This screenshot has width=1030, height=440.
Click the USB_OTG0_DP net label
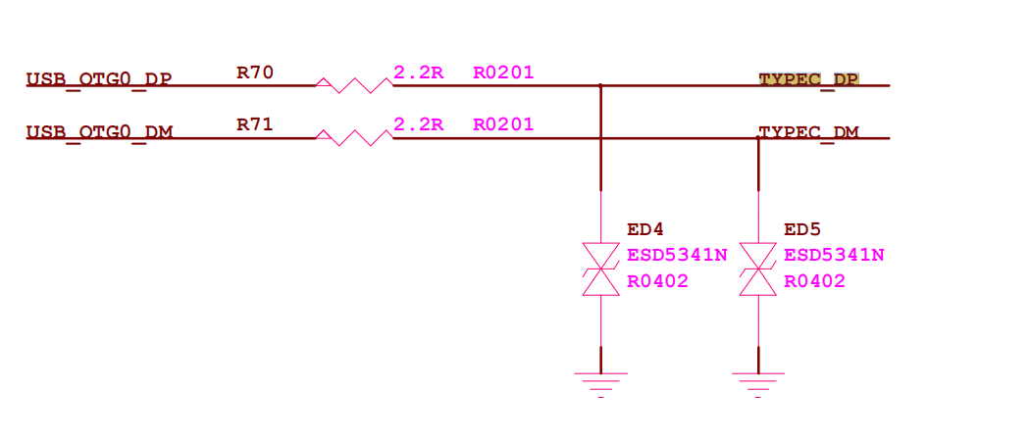98,79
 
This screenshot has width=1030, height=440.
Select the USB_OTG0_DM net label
98,132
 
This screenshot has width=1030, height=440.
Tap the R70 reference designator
255,72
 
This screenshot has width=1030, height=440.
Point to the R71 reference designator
255,124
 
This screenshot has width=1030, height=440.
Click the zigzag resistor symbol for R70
353,85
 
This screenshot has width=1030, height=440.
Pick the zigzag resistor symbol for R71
353,138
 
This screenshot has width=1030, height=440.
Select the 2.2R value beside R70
419,72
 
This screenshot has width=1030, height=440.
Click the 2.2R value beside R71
419,124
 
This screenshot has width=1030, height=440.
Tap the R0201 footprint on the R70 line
503,72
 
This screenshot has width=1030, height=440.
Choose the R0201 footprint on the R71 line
503,124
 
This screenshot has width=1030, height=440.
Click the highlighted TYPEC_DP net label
809,79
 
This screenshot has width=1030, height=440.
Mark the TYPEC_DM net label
809,132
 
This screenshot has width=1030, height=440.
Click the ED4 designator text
645,229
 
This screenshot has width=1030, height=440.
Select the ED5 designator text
802,229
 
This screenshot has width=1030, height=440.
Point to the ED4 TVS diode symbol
600,269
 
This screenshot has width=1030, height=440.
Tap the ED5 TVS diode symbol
758,269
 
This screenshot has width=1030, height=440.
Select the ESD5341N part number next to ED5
834,255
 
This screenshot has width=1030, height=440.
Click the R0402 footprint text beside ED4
657,281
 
